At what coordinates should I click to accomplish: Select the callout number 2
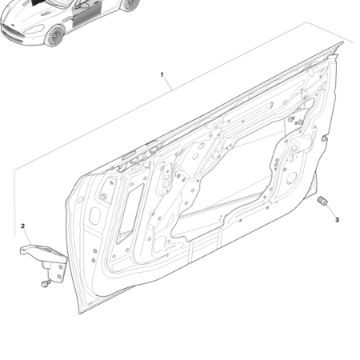(23, 227)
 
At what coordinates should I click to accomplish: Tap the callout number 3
(337, 219)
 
